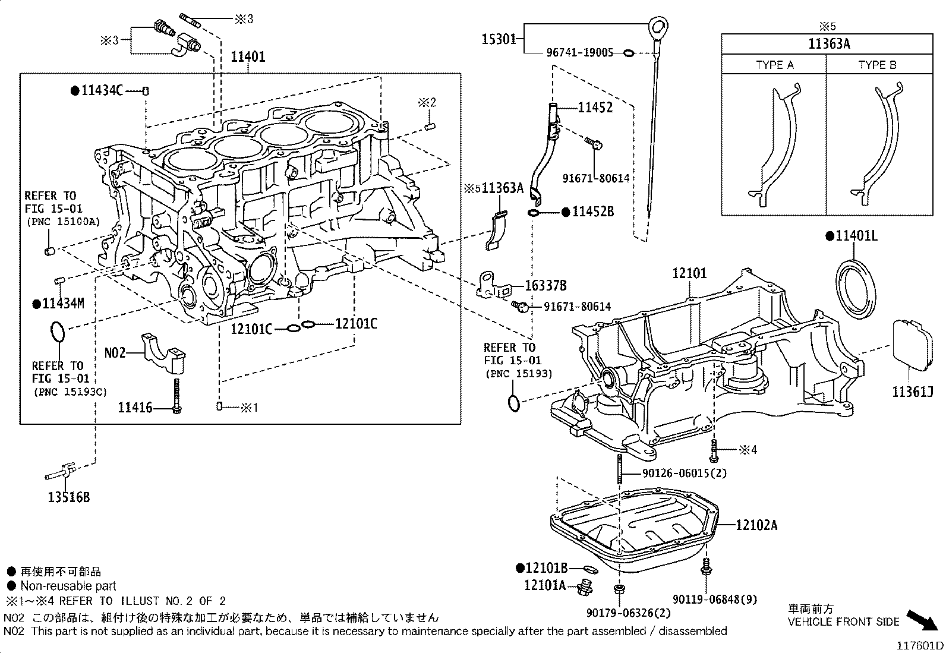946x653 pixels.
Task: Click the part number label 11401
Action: [x=248, y=57]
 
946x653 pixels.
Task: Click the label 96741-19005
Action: [x=579, y=53]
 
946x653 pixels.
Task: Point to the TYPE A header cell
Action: [x=774, y=65]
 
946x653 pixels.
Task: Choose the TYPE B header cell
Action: [x=878, y=65]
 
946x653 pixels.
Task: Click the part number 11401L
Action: [x=856, y=236]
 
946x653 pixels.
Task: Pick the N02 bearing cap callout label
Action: [x=115, y=352]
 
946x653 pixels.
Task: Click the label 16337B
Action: [x=545, y=286]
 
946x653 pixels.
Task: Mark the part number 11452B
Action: [x=592, y=211]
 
